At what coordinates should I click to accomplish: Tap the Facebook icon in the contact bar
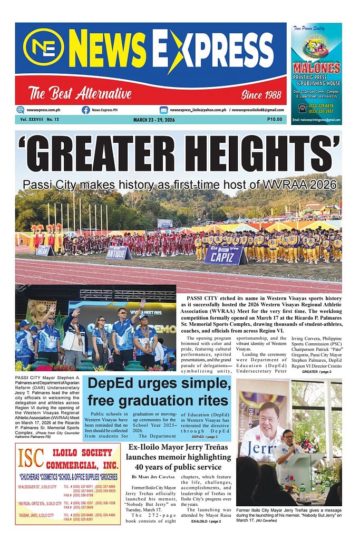point(85,110)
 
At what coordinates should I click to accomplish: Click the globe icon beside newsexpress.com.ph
point(21,110)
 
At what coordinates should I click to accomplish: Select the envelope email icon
point(164,110)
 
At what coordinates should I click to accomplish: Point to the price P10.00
point(274,120)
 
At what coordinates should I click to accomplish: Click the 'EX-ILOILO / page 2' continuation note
point(206,521)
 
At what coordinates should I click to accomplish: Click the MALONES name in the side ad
point(316,68)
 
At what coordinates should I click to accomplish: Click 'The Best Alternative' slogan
point(80,94)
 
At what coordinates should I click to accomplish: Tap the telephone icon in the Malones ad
point(303,108)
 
